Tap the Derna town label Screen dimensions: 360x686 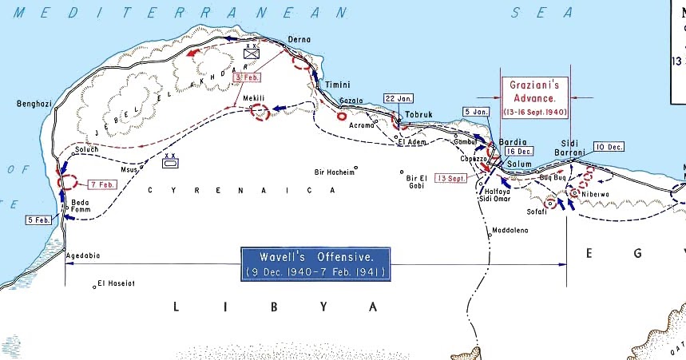click(x=299, y=39)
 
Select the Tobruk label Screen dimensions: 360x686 click(x=418, y=114)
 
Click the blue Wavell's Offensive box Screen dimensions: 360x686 click(x=315, y=263)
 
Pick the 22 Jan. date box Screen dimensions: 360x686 click(x=399, y=98)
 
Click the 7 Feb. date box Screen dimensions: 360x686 click(x=102, y=184)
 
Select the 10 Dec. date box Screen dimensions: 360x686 click(x=609, y=147)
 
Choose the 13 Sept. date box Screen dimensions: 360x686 click(x=450, y=178)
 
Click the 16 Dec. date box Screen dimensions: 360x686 click(x=518, y=151)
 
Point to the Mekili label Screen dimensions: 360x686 click(x=264, y=98)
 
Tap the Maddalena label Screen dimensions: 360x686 click(x=511, y=230)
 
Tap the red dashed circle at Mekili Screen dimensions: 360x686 click(x=260, y=113)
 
